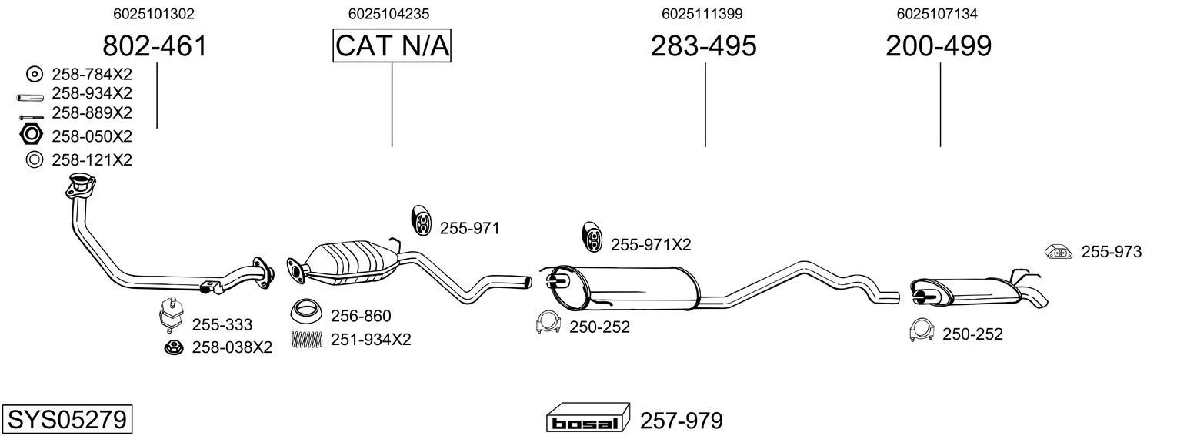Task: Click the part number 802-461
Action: tap(155, 45)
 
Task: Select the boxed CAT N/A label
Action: tap(392, 45)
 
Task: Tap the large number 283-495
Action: tap(704, 45)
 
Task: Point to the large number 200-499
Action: tap(939, 45)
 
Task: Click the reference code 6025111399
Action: tap(702, 14)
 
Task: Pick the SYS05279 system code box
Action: tap(67, 419)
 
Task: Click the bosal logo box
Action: tap(588, 418)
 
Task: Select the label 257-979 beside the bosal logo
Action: tap(682, 421)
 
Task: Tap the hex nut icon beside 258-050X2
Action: tap(31, 135)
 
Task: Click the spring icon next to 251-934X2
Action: tap(306, 339)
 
